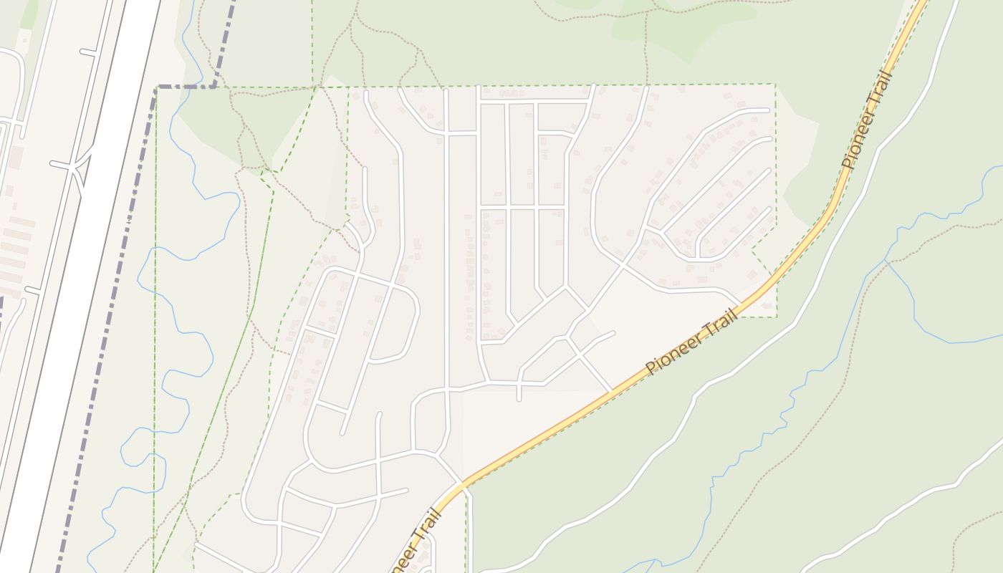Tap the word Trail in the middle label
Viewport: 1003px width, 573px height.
tap(721, 322)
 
